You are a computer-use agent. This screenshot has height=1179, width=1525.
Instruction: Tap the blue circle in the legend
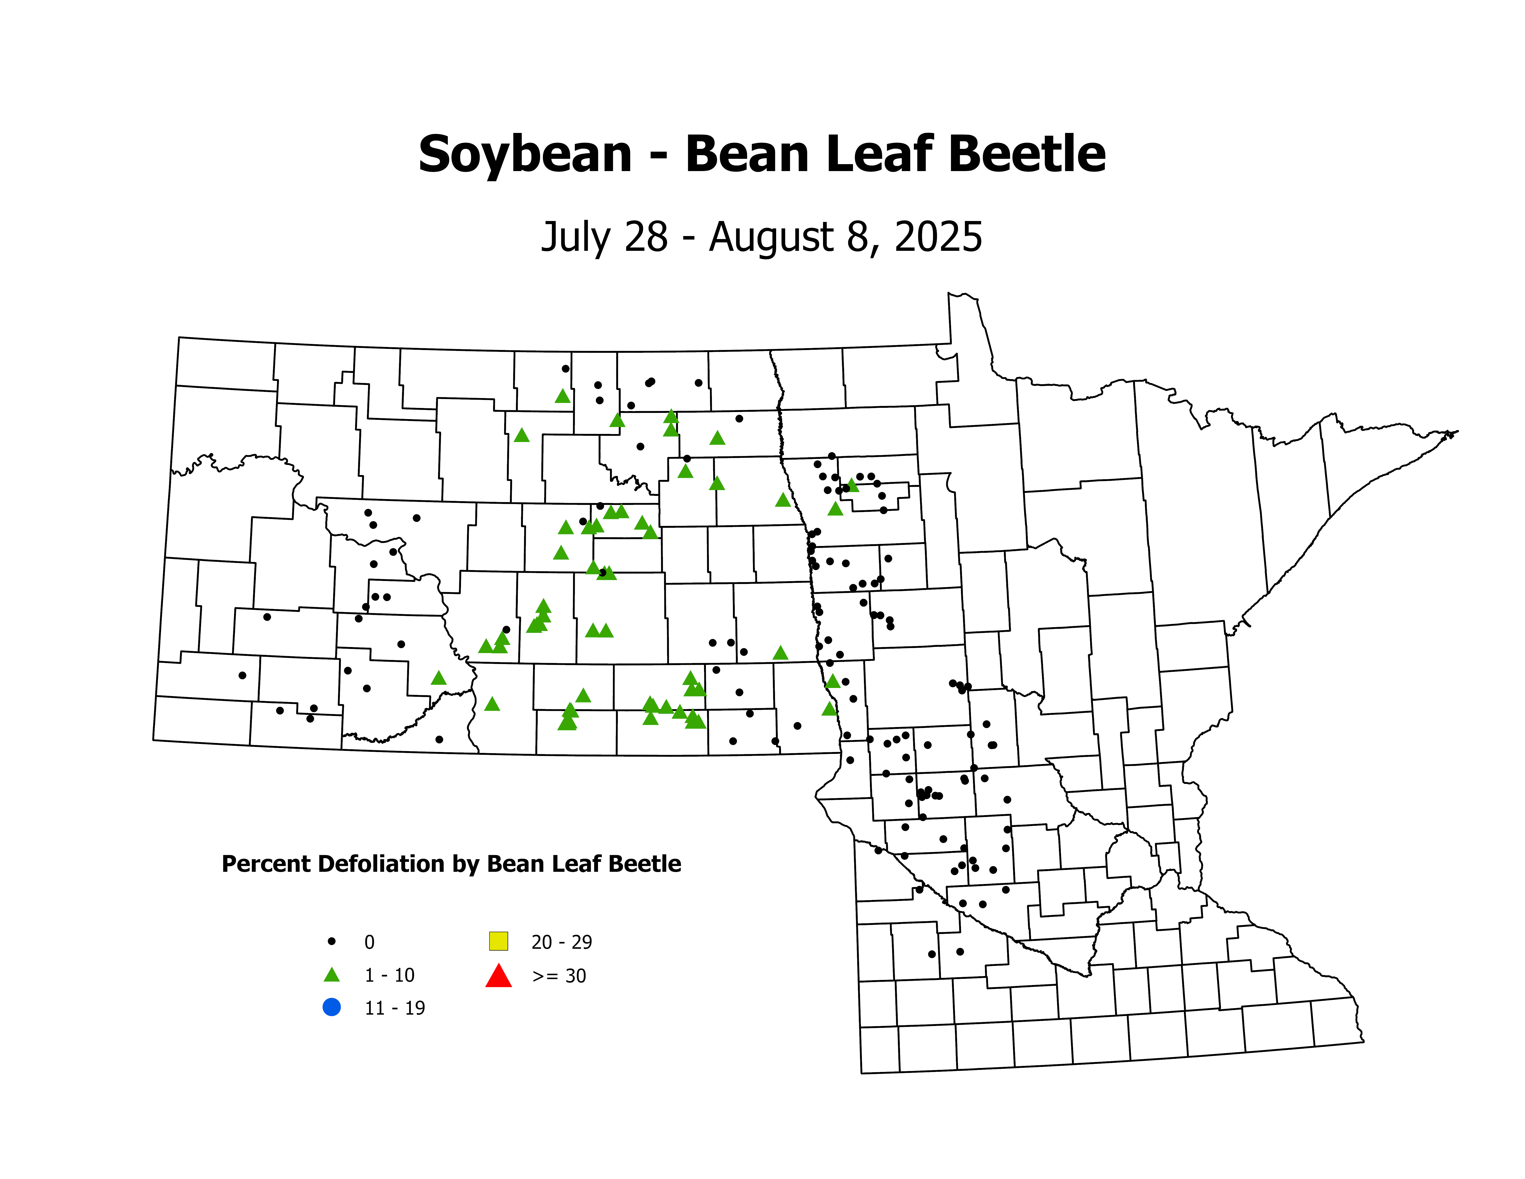click(332, 1007)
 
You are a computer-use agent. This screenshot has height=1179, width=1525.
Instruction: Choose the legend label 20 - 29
click(561, 942)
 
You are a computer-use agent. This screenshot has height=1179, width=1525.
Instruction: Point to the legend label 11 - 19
click(394, 1008)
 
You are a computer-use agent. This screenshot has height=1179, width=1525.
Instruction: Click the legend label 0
click(369, 942)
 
